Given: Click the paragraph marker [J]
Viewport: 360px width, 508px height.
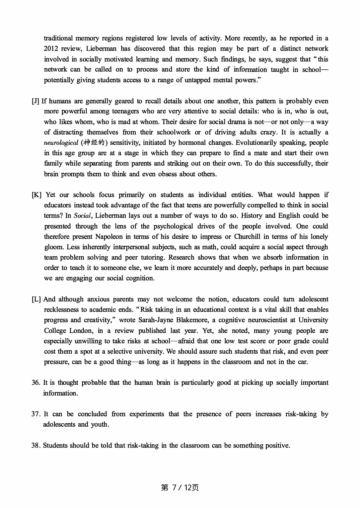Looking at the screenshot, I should pyautogui.click(x=35, y=101).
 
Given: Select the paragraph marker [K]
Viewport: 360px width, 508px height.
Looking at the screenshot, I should pyautogui.click(x=37, y=195).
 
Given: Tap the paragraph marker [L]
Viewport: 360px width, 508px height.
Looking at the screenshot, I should pyautogui.click(x=36, y=299).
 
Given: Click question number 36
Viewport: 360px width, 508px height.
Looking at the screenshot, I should pyautogui.click(x=36, y=383).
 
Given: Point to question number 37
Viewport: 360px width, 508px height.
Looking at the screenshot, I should pyautogui.click(x=36, y=414).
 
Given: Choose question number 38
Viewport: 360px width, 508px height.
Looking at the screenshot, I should pyautogui.click(x=36, y=445).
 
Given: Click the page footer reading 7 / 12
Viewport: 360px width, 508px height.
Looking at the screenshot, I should pyautogui.click(x=180, y=488).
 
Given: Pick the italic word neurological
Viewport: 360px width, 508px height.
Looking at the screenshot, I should pyautogui.click(x=61, y=143).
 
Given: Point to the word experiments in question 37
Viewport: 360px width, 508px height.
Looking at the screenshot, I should pyautogui.click(x=146, y=414).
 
